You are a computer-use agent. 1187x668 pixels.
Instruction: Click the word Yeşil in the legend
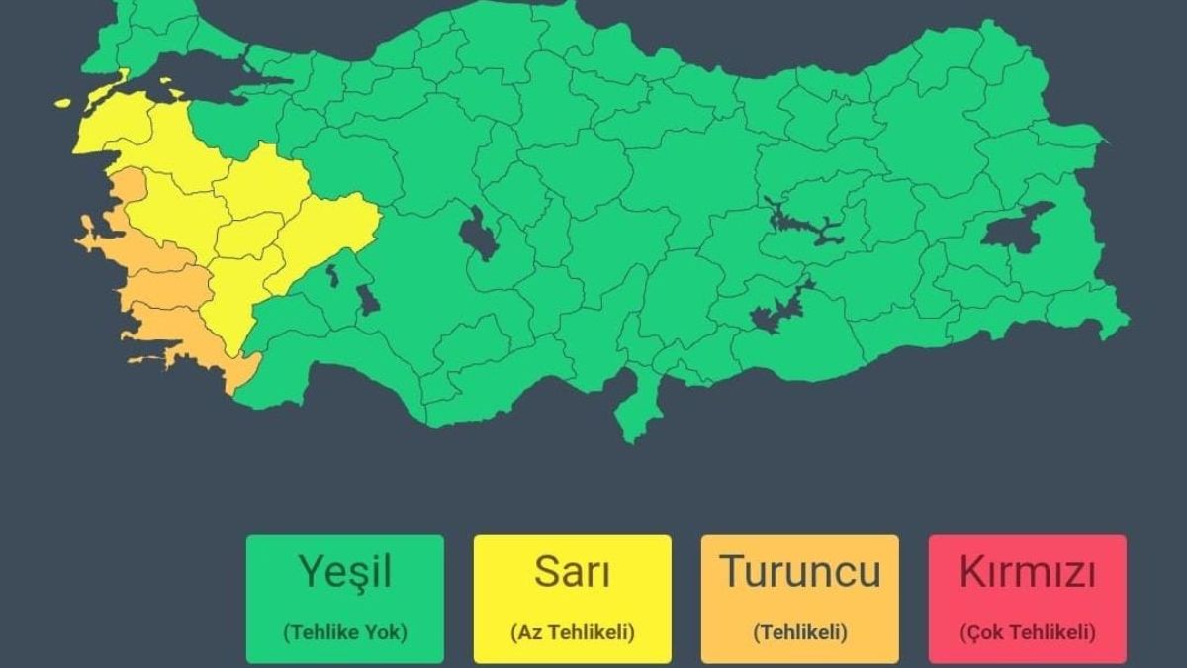pos(344,572)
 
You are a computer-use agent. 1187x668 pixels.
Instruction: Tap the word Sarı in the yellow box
pos(572,572)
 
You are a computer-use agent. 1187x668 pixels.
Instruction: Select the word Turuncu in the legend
pos(799,572)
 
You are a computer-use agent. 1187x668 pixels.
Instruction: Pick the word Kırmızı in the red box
pos(1027,572)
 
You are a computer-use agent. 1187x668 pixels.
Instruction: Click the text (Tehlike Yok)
pos(344,631)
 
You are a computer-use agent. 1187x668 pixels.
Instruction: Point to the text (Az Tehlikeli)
pos(572,631)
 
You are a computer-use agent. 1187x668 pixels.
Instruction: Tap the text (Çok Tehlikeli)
pos(1027,631)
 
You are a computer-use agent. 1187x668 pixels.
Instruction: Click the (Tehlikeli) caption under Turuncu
pos(799,631)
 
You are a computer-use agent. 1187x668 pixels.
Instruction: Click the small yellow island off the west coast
pos(63,102)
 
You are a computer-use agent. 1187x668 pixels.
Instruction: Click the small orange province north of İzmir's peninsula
pos(128,188)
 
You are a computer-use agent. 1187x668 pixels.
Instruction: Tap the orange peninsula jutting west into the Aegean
pos(94,238)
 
